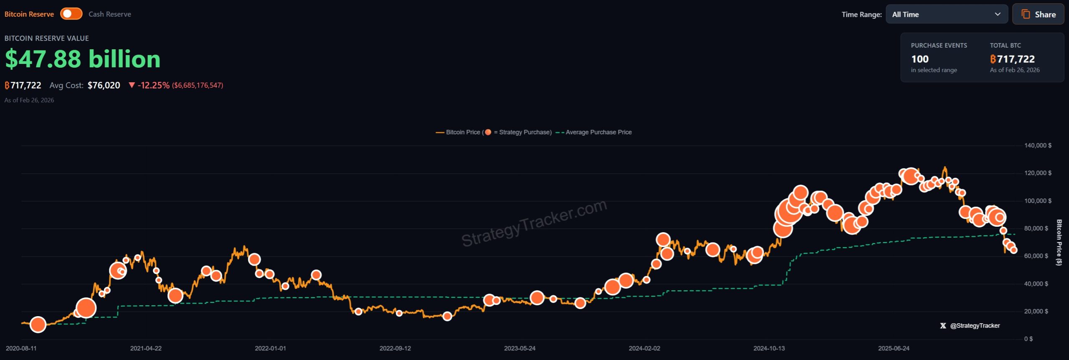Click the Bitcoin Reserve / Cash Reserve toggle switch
point(71,14)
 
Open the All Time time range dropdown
point(946,14)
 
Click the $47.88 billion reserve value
point(83,59)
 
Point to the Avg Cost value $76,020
point(104,85)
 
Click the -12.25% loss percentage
point(153,85)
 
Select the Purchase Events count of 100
point(920,59)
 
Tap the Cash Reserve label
point(109,14)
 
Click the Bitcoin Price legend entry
point(463,132)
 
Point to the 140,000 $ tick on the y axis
point(1037,145)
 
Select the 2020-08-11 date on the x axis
point(21,348)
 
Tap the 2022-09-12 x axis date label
point(395,348)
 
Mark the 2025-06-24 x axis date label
point(894,348)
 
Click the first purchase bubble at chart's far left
point(38,325)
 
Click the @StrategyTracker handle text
point(975,326)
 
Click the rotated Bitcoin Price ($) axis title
point(1059,242)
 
